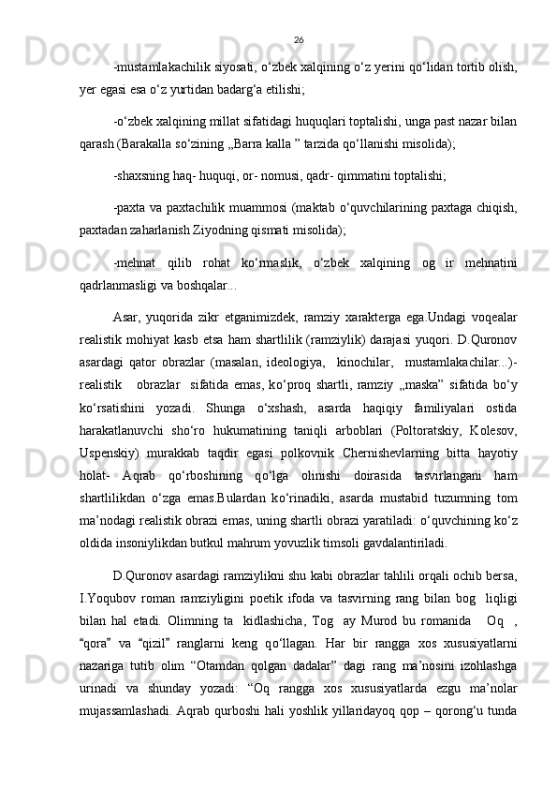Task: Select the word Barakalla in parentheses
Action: coord(142,146)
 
